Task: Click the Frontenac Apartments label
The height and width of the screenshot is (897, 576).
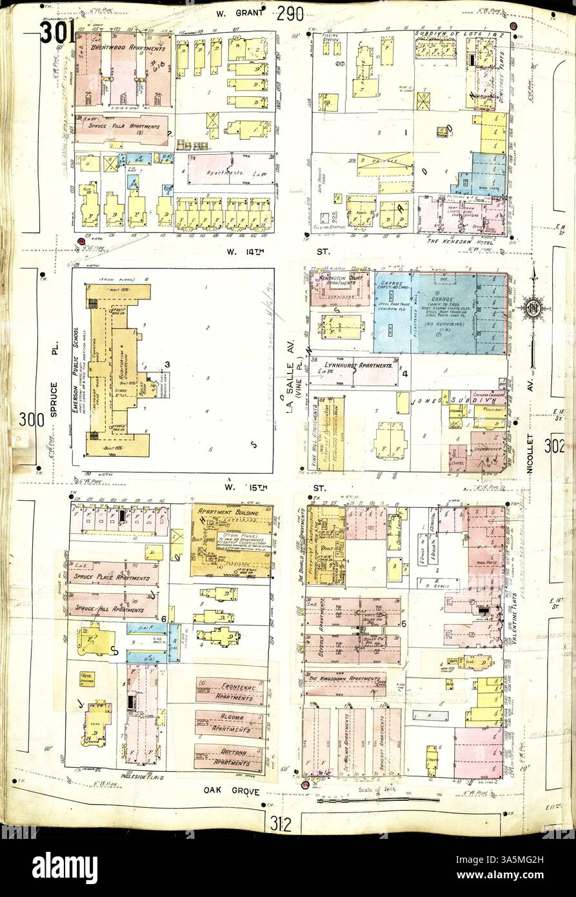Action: coord(230,689)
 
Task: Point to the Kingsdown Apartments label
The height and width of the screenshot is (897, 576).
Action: coord(346,680)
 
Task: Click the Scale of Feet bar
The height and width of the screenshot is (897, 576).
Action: coord(377,800)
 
